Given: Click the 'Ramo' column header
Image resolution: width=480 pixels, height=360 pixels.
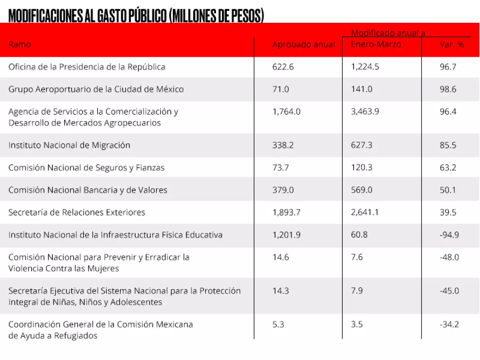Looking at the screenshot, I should pyautogui.click(x=20, y=44).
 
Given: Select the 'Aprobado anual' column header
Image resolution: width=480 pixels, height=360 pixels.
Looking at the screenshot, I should pyautogui.click(x=303, y=44).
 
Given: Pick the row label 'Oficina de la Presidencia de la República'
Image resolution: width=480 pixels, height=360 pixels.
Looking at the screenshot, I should pyautogui.click(x=87, y=67).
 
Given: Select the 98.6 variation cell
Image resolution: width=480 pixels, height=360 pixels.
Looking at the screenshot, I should pyautogui.click(x=448, y=89).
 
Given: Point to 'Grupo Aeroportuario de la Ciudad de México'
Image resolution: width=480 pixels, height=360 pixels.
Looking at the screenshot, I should pyautogui.click(x=96, y=89).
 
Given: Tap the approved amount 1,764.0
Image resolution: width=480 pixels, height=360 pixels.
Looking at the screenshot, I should pyautogui.click(x=286, y=112).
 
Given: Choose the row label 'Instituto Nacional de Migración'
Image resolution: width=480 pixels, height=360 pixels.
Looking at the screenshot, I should pyautogui.click(x=69, y=145).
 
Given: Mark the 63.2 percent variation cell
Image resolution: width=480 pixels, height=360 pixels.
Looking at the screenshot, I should pyautogui.click(x=448, y=168).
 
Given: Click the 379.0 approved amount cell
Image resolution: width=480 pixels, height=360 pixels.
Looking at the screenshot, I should pyautogui.click(x=283, y=190).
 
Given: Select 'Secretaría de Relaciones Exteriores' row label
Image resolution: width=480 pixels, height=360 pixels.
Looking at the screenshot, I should pyautogui.click(x=77, y=212).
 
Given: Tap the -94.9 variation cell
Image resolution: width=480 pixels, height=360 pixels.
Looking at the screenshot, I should pyautogui.click(x=449, y=235).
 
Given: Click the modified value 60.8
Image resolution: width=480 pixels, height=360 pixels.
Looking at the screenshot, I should pyautogui.click(x=360, y=235).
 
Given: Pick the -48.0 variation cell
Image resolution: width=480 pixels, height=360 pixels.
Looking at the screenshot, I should pyautogui.click(x=449, y=257).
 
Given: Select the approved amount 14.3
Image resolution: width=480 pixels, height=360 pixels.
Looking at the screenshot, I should pyautogui.click(x=280, y=291).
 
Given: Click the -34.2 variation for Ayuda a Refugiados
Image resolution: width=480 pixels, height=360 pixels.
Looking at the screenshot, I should pyautogui.click(x=449, y=324).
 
